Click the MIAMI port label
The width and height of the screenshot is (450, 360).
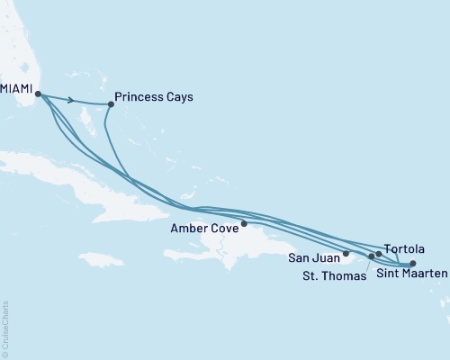[x=17, y=91]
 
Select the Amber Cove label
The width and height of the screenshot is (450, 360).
[x=202, y=229]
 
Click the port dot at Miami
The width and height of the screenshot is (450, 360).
[x=38, y=93]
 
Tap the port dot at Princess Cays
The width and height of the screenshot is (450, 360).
[x=111, y=103]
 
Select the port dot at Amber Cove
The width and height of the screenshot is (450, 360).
[x=244, y=224]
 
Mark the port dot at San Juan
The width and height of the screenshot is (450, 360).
[x=346, y=254]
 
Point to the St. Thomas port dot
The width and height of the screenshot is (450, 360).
[x=372, y=256]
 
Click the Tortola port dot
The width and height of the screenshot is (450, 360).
[x=379, y=254]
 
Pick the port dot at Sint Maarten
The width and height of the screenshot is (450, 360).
[x=412, y=264]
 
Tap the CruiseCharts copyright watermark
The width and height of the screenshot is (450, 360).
[x=6, y=328]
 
